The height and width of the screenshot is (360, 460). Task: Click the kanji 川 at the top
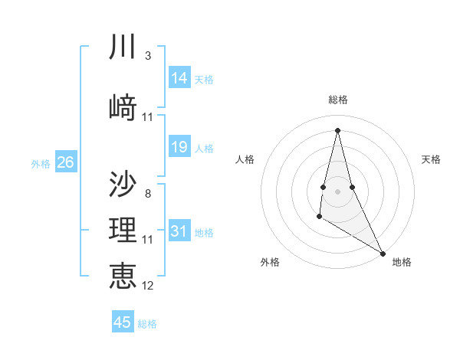point(123,47)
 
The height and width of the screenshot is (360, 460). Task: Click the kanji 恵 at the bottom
point(123,275)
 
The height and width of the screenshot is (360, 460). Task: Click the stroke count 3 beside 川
point(147,56)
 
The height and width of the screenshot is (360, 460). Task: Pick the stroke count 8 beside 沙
point(147,193)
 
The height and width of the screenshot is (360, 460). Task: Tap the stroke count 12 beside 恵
point(148,286)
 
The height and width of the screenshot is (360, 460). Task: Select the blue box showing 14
point(179,78)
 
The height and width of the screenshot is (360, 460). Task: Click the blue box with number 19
point(179,147)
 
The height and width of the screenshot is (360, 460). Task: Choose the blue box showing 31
point(179,231)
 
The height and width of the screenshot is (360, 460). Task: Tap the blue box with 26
point(65,162)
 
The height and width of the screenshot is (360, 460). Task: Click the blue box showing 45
point(123,322)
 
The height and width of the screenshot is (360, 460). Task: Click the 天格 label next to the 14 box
point(204,79)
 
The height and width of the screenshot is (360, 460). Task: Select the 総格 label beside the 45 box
point(147,324)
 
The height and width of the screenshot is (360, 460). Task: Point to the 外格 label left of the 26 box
point(41,163)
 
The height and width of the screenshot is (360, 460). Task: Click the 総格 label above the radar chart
point(338,100)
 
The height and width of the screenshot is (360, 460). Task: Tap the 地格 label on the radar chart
point(402,262)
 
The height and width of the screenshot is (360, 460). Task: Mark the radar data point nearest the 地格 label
point(383,252)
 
